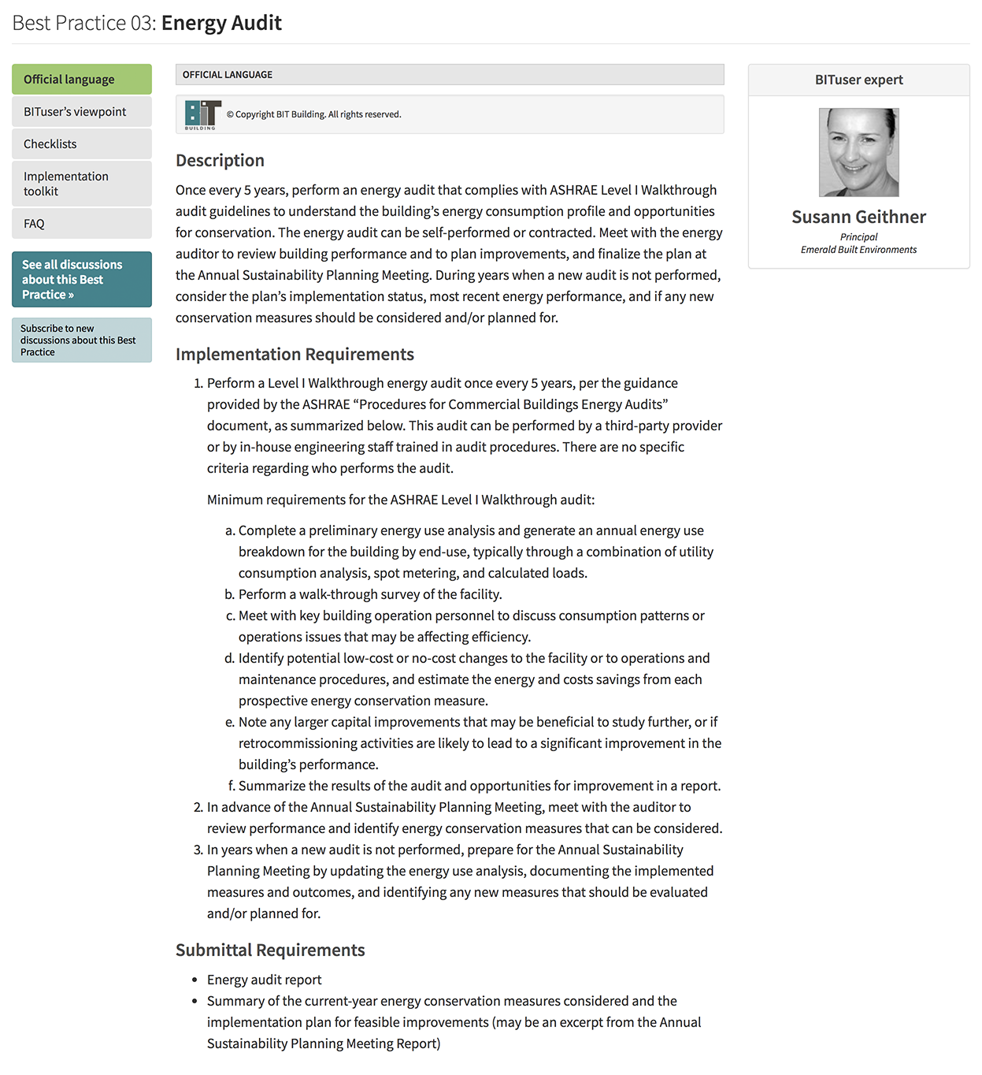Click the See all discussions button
point(82,280)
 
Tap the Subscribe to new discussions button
point(82,340)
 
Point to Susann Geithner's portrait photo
point(858,152)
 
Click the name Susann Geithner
point(858,217)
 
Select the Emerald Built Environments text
point(858,250)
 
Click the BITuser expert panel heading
point(858,80)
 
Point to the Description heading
point(220,161)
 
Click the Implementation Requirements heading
point(295,355)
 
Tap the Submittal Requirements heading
point(270,950)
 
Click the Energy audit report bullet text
point(264,980)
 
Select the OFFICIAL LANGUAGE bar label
point(228,75)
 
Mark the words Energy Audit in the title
point(221,23)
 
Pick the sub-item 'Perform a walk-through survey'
point(370,594)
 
